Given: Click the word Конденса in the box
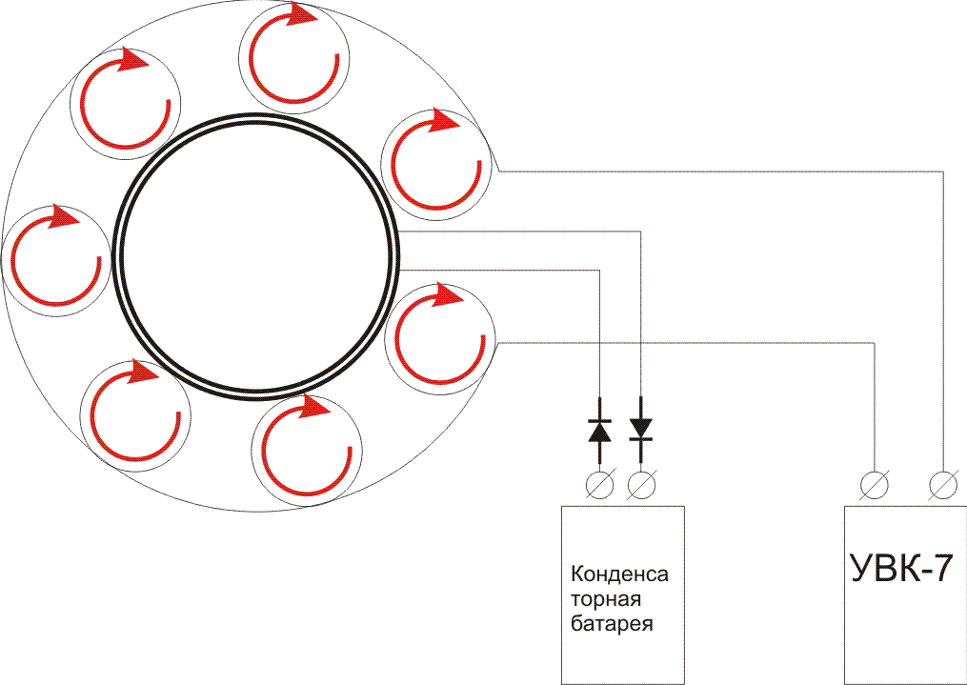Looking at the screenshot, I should tap(619, 575).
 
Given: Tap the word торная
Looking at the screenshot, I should tap(606, 600).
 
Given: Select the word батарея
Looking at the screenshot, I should tap(613, 625).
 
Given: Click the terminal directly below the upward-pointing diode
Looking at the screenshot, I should tap(599, 486).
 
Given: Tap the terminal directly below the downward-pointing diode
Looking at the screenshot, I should tap(641, 486).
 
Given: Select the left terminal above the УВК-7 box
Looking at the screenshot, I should tap(874, 486).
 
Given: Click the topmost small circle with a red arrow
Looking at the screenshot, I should tap(295, 57).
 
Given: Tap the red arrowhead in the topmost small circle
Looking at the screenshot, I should tap(303, 14).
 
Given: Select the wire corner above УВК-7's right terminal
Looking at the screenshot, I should tap(943, 171).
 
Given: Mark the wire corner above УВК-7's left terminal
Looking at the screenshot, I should tap(874, 342).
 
